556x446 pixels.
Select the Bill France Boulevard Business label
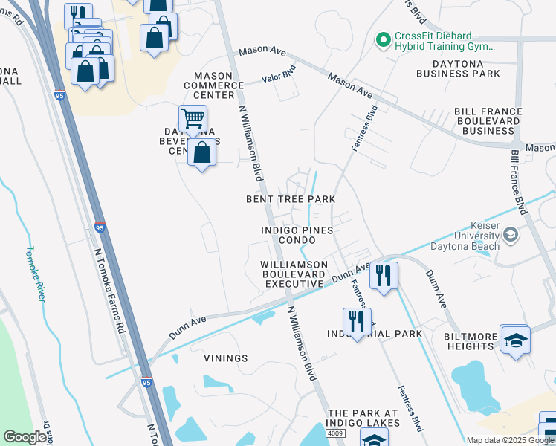pos(488,121)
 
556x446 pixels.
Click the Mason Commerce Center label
pos(219,85)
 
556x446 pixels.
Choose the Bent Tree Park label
pos(291,199)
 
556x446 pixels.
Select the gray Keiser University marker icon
pos(511,236)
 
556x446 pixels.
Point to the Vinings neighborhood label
pos(225,358)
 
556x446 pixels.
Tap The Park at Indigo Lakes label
pos(364,418)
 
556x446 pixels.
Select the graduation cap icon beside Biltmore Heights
pos(515,340)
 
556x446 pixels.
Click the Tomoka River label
pos(35,273)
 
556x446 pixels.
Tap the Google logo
pos(25,437)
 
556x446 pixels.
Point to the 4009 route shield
pos(335,433)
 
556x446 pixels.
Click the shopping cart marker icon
pos(193,117)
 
